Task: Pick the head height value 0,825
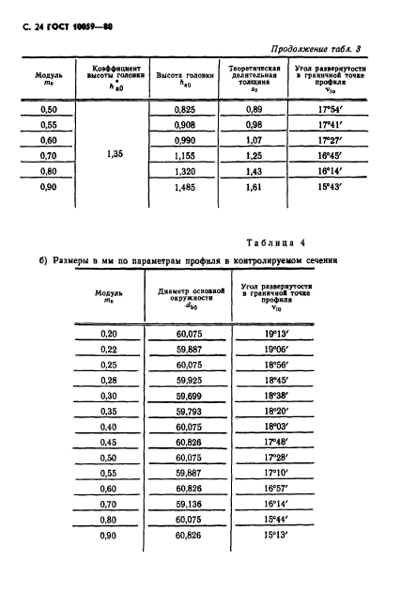point(183,110)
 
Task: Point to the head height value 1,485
point(183,188)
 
